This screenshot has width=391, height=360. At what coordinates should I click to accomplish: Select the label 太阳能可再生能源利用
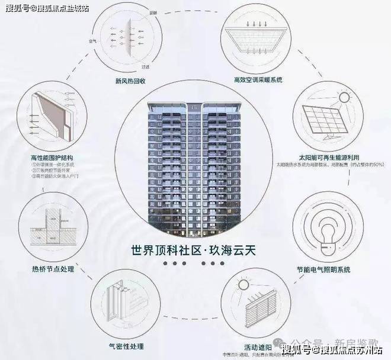[x=330, y=158]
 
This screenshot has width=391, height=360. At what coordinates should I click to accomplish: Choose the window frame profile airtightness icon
[x=122, y=305]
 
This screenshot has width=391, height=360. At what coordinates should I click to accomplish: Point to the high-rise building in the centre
[x=195, y=166]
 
